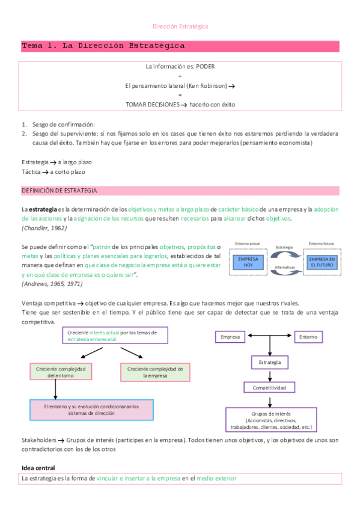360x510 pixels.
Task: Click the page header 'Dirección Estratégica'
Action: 180,26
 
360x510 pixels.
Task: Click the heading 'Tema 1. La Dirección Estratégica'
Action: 103,46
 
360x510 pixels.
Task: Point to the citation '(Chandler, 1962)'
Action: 44,228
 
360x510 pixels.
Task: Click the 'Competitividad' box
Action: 269,388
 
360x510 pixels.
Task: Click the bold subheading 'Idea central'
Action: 38,467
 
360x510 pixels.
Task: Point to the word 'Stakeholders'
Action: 39,440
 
